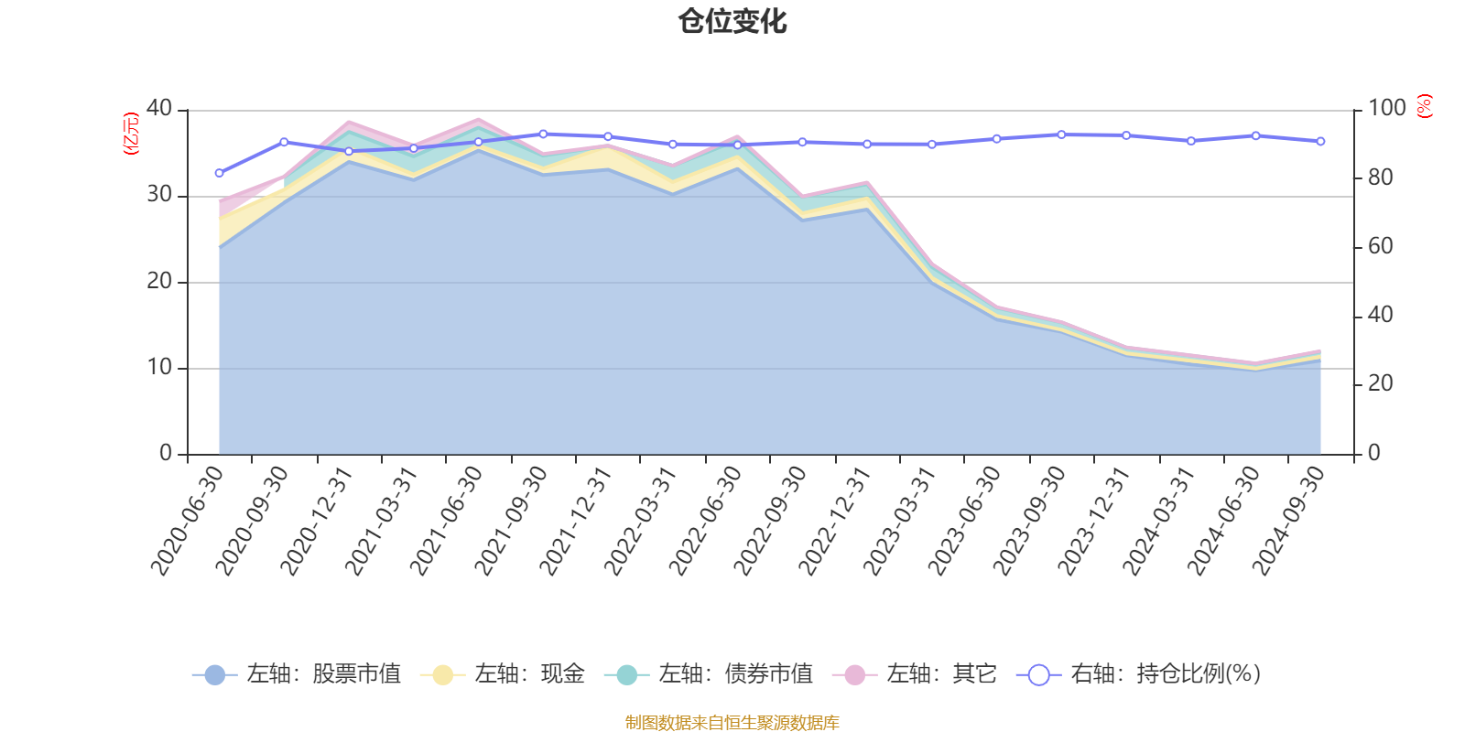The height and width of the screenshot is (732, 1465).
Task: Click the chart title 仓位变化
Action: coord(732,21)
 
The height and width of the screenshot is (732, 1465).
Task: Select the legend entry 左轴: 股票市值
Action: coord(297,674)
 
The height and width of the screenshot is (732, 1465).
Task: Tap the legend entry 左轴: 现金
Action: coord(503,674)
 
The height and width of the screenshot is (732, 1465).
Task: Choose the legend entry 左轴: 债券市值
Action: coord(709,674)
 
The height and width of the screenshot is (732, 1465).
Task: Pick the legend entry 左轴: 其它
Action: coord(915,674)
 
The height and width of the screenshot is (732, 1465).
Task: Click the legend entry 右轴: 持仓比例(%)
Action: coord(1139,674)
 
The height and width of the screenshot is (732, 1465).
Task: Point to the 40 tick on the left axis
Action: coord(158,109)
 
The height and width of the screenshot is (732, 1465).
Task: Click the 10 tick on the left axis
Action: coord(158,368)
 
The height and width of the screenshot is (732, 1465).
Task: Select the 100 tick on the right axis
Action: coord(1386,109)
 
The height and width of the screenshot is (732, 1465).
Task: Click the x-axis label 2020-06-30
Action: coord(189,520)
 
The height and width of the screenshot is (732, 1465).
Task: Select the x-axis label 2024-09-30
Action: coord(1289,520)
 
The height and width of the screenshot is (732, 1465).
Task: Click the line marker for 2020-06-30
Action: coord(219,173)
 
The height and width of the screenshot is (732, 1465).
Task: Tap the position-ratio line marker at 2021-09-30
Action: coord(543,134)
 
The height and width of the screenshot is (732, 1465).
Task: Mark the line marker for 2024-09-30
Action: coord(1320,141)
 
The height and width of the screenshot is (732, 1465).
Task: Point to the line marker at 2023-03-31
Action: coord(932,144)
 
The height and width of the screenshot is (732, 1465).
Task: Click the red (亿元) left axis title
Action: coord(131,134)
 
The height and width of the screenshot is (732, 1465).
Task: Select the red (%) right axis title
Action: coord(1424,106)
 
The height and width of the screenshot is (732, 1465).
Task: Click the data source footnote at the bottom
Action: coord(732,723)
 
